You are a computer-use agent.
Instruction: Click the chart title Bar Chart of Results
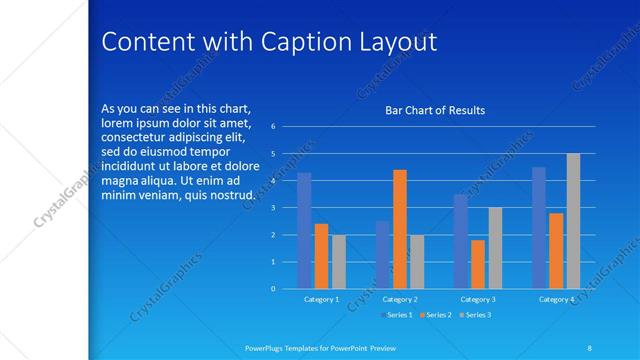pos(435,110)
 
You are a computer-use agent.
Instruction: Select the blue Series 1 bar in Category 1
pos(304,231)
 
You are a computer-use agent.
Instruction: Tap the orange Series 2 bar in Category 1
pos(321,256)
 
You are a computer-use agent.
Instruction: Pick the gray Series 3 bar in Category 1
pos(339,262)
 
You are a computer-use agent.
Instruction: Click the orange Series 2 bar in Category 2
pos(400,229)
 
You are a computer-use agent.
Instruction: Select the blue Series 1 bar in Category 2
pos(382,255)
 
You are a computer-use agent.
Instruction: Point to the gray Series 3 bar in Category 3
pos(495,248)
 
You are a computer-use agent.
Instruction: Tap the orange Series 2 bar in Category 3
pos(478,264)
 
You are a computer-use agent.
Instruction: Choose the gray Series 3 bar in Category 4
pos(573,221)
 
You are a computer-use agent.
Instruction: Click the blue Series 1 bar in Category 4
pos(539,228)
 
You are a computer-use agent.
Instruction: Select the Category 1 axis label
pos(321,299)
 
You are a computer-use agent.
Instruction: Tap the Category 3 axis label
pos(478,299)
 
